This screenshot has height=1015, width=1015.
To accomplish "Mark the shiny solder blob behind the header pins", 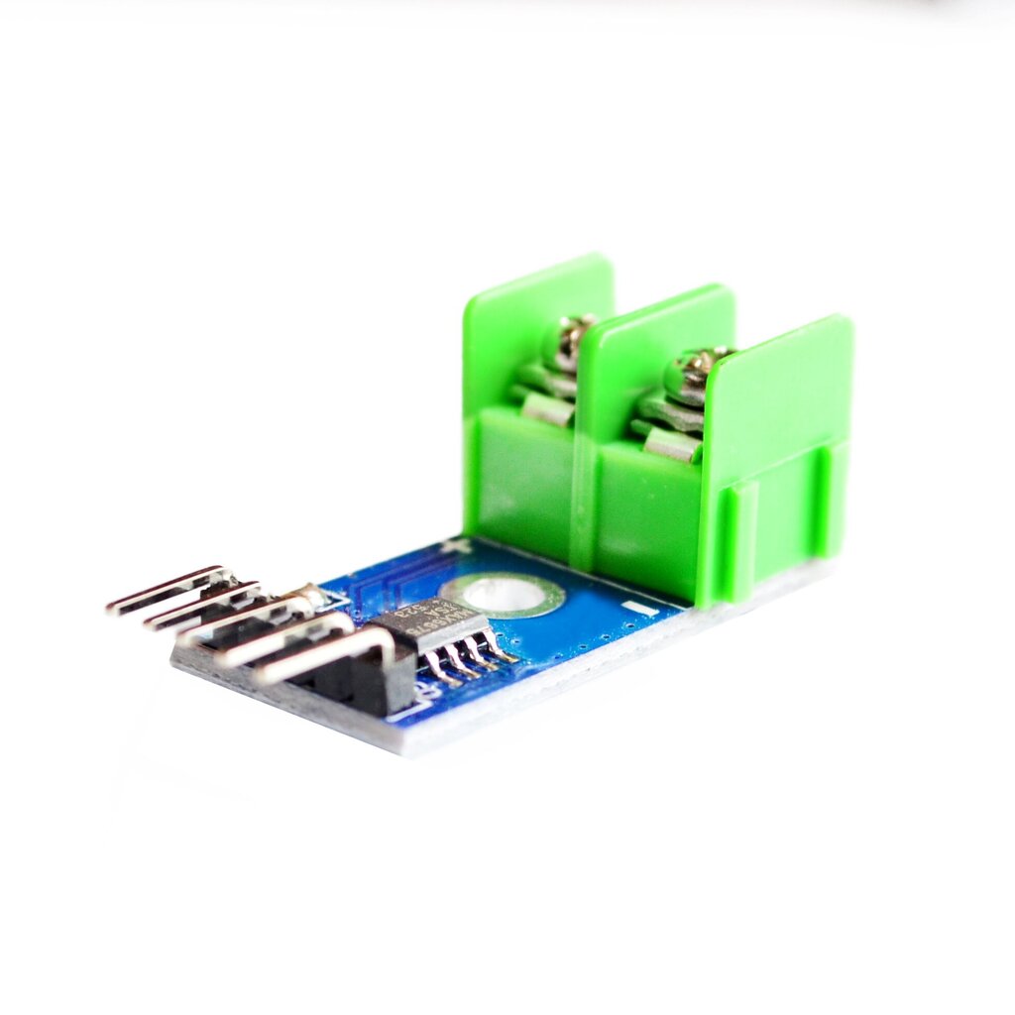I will click(312, 596).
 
